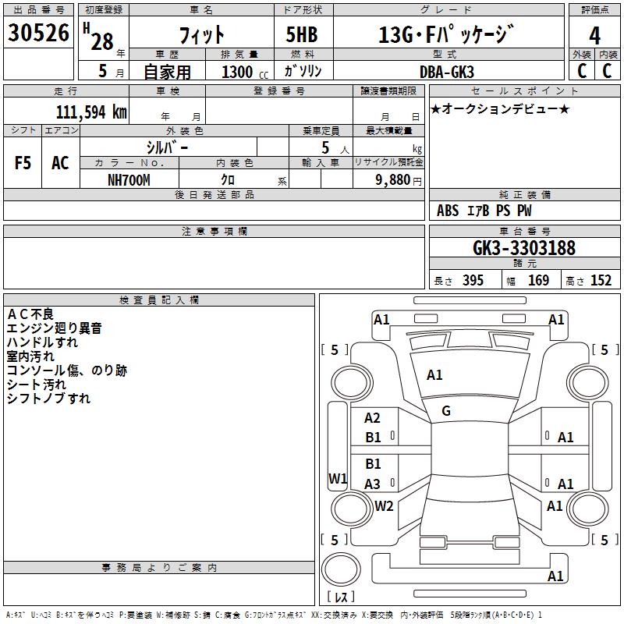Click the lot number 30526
click(x=38, y=33)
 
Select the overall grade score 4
click(x=594, y=36)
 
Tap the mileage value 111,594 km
click(x=91, y=112)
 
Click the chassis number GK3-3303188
click(x=524, y=247)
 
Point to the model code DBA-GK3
click(x=447, y=72)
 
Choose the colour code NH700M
click(x=129, y=180)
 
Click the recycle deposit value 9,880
click(x=393, y=180)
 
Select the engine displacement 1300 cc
click(x=245, y=73)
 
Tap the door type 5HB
click(x=302, y=34)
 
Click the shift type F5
click(x=23, y=163)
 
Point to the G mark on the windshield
click(x=446, y=411)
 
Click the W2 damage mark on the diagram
click(x=384, y=505)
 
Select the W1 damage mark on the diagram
click(x=338, y=478)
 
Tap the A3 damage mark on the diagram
click(x=373, y=484)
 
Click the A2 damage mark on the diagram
click(x=373, y=418)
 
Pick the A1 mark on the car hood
click(x=434, y=375)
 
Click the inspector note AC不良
click(x=30, y=314)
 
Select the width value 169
click(x=538, y=280)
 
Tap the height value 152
click(x=601, y=280)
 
